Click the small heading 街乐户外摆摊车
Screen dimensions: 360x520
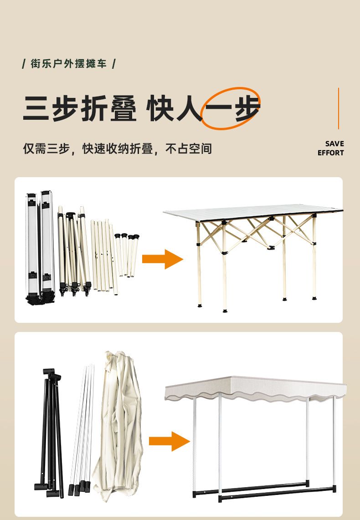[x=69, y=63]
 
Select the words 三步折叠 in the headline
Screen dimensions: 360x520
[x=80, y=108]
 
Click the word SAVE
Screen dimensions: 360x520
[x=334, y=143]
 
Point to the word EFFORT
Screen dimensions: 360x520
[x=331, y=153]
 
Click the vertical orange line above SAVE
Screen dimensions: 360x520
[x=339, y=108]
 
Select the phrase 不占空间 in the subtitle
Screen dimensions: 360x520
[x=189, y=148]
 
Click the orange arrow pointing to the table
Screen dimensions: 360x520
[x=162, y=259]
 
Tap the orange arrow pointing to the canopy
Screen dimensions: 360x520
[x=169, y=441]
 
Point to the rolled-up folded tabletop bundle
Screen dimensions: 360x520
[x=41, y=247]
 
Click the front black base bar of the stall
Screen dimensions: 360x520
[x=277, y=493]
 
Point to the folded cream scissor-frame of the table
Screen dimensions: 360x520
[x=74, y=251]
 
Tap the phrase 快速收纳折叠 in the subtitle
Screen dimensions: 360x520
[x=118, y=148]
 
